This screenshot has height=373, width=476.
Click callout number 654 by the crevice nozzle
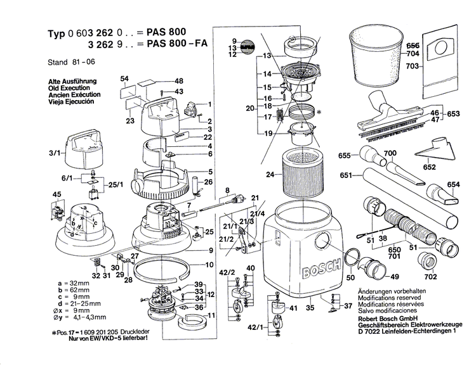click(x=452, y=184)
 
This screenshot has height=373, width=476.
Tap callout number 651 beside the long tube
click(x=347, y=175)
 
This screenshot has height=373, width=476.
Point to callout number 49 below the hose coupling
click(x=394, y=277)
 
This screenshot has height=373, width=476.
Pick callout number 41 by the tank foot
click(x=293, y=308)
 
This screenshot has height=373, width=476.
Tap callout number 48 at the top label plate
click(x=179, y=81)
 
